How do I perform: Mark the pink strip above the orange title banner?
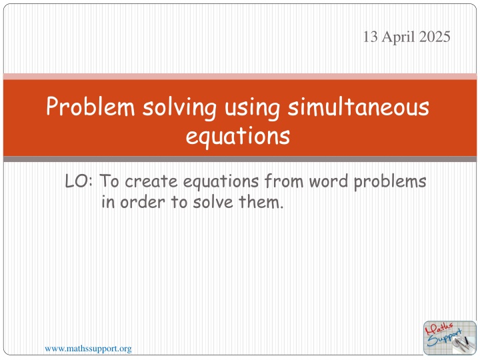(x=240, y=75)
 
